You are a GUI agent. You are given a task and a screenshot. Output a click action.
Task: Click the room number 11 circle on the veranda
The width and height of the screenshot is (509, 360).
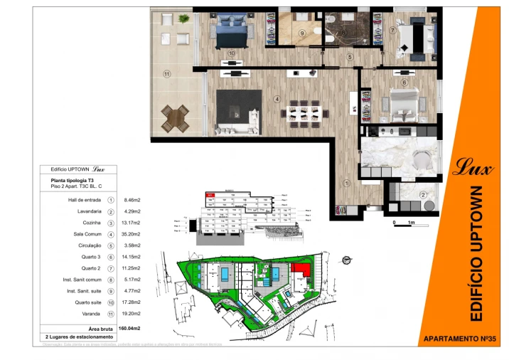[167, 73]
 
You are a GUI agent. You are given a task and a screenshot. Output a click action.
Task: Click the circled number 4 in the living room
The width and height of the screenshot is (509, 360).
[277, 99]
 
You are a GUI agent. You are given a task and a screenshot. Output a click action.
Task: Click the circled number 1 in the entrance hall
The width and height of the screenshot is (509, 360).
[347, 183]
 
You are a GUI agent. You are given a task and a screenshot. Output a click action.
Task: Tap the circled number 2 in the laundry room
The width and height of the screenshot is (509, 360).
[423, 195]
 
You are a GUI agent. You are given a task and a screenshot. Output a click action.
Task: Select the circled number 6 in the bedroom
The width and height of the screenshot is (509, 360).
[403, 83]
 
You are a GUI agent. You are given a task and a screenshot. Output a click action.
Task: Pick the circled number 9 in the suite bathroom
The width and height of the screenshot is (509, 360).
[301, 33]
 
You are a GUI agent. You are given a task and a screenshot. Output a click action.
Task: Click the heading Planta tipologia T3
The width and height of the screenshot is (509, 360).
[73, 181]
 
